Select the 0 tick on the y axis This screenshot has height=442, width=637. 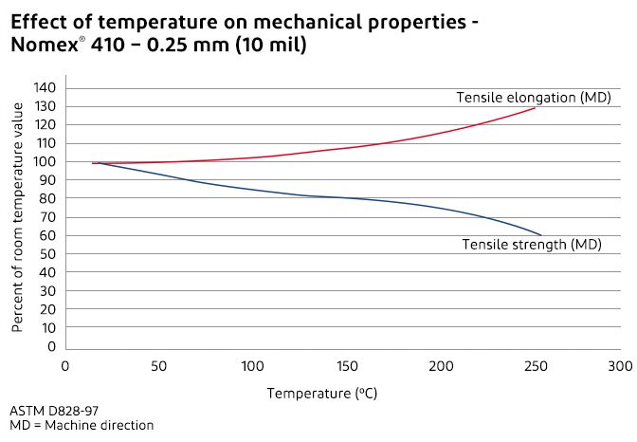pyautogui.click(x=52, y=346)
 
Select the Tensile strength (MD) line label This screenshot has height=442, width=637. pyautogui.click(x=532, y=245)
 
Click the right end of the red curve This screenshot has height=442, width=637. pyautogui.click(x=536, y=107)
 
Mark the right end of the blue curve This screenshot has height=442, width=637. pyautogui.click(x=541, y=234)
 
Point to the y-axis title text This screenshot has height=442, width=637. pyautogui.click(x=18, y=217)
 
